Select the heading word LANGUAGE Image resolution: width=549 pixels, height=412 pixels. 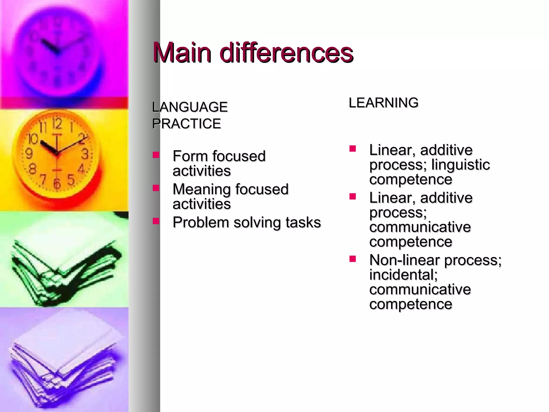pyautogui.click(x=190, y=107)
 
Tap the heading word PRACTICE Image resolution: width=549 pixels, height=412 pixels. pyautogui.click(x=187, y=124)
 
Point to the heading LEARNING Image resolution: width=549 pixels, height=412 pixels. pyautogui.click(x=383, y=103)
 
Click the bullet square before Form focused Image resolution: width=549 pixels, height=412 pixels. pyautogui.click(x=156, y=155)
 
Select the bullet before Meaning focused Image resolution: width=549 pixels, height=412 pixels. pyautogui.click(x=156, y=188)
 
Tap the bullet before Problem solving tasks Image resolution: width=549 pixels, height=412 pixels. pyautogui.click(x=156, y=221)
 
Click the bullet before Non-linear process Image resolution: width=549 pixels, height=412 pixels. pyautogui.click(x=353, y=259)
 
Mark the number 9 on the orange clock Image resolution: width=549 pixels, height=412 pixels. pyautogui.click(x=29, y=154)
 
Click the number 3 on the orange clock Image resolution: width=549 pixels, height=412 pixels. pyautogui.click(x=85, y=154)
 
